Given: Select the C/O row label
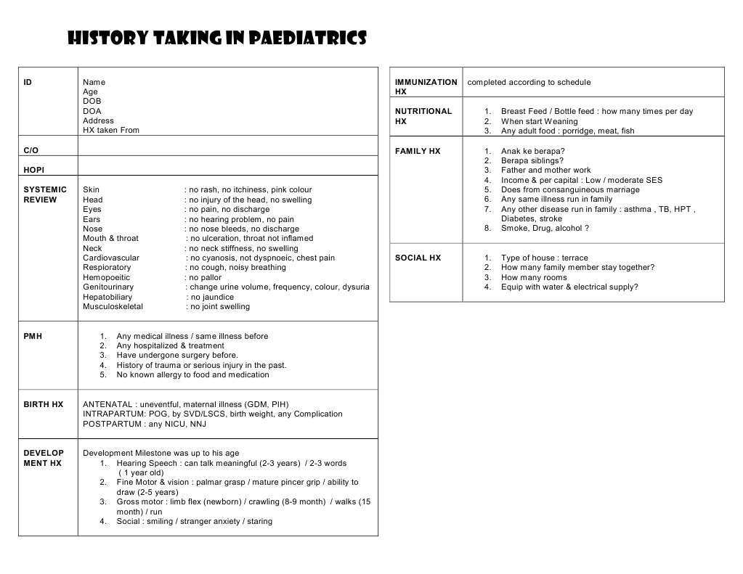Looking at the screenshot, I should (x=31, y=150).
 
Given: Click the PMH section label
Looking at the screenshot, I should (x=33, y=336).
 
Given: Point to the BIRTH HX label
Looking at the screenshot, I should (x=44, y=404).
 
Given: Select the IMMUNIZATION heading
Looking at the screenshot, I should (x=426, y=82).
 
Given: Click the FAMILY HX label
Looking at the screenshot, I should (x=418, y=151).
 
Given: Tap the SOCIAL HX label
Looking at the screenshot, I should (x=418, y=258).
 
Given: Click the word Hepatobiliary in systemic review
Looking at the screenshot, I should (x=107, y=297).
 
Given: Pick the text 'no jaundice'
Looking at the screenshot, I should (x=211, y=297).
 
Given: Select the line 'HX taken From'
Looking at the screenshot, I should (x=110, y=131).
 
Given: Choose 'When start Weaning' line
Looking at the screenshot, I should (x=539, y=121).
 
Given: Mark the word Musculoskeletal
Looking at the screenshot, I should (x=113, y=306).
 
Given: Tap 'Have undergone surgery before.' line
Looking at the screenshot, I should (x=176, y=356).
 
